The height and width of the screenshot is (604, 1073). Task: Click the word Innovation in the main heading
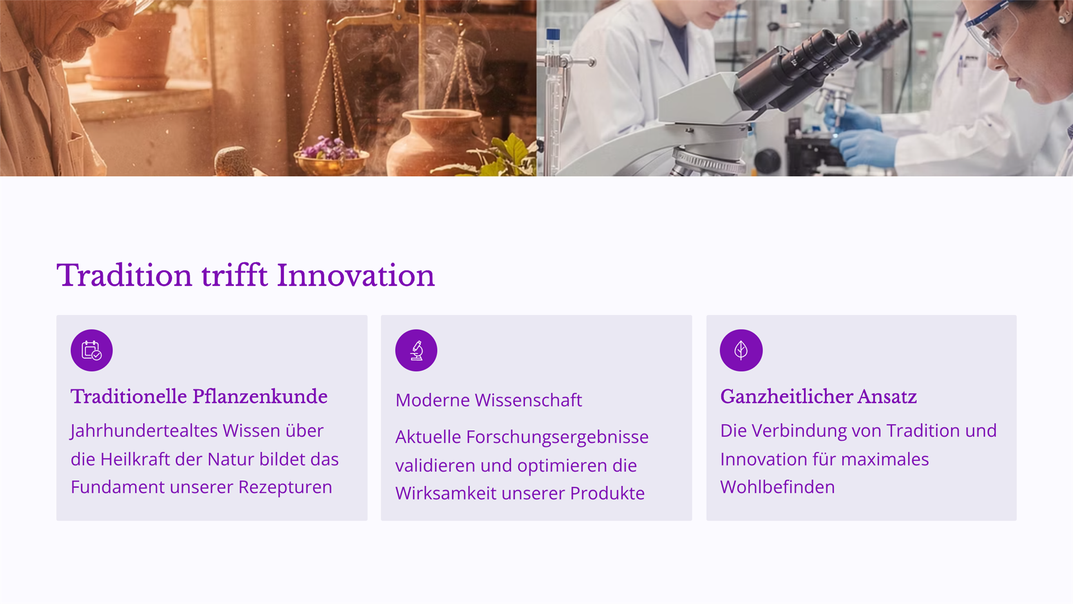355,275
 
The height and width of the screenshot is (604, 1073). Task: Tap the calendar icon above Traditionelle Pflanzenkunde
92,351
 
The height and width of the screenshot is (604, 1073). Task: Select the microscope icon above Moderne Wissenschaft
416,351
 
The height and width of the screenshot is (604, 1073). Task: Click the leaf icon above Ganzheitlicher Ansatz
741,351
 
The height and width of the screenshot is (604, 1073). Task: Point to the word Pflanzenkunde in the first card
260,397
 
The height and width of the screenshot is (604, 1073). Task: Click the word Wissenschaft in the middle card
528,400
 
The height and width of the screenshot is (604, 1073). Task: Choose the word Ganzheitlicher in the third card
786,397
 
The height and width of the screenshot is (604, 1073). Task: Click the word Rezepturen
285,488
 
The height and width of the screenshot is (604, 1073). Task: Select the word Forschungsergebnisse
557,437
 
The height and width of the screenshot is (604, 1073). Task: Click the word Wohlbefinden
777,487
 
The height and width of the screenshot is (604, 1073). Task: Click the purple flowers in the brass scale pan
330,148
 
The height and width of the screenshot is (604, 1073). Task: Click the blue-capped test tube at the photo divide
553,101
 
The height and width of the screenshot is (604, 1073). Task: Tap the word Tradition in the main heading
125,275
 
